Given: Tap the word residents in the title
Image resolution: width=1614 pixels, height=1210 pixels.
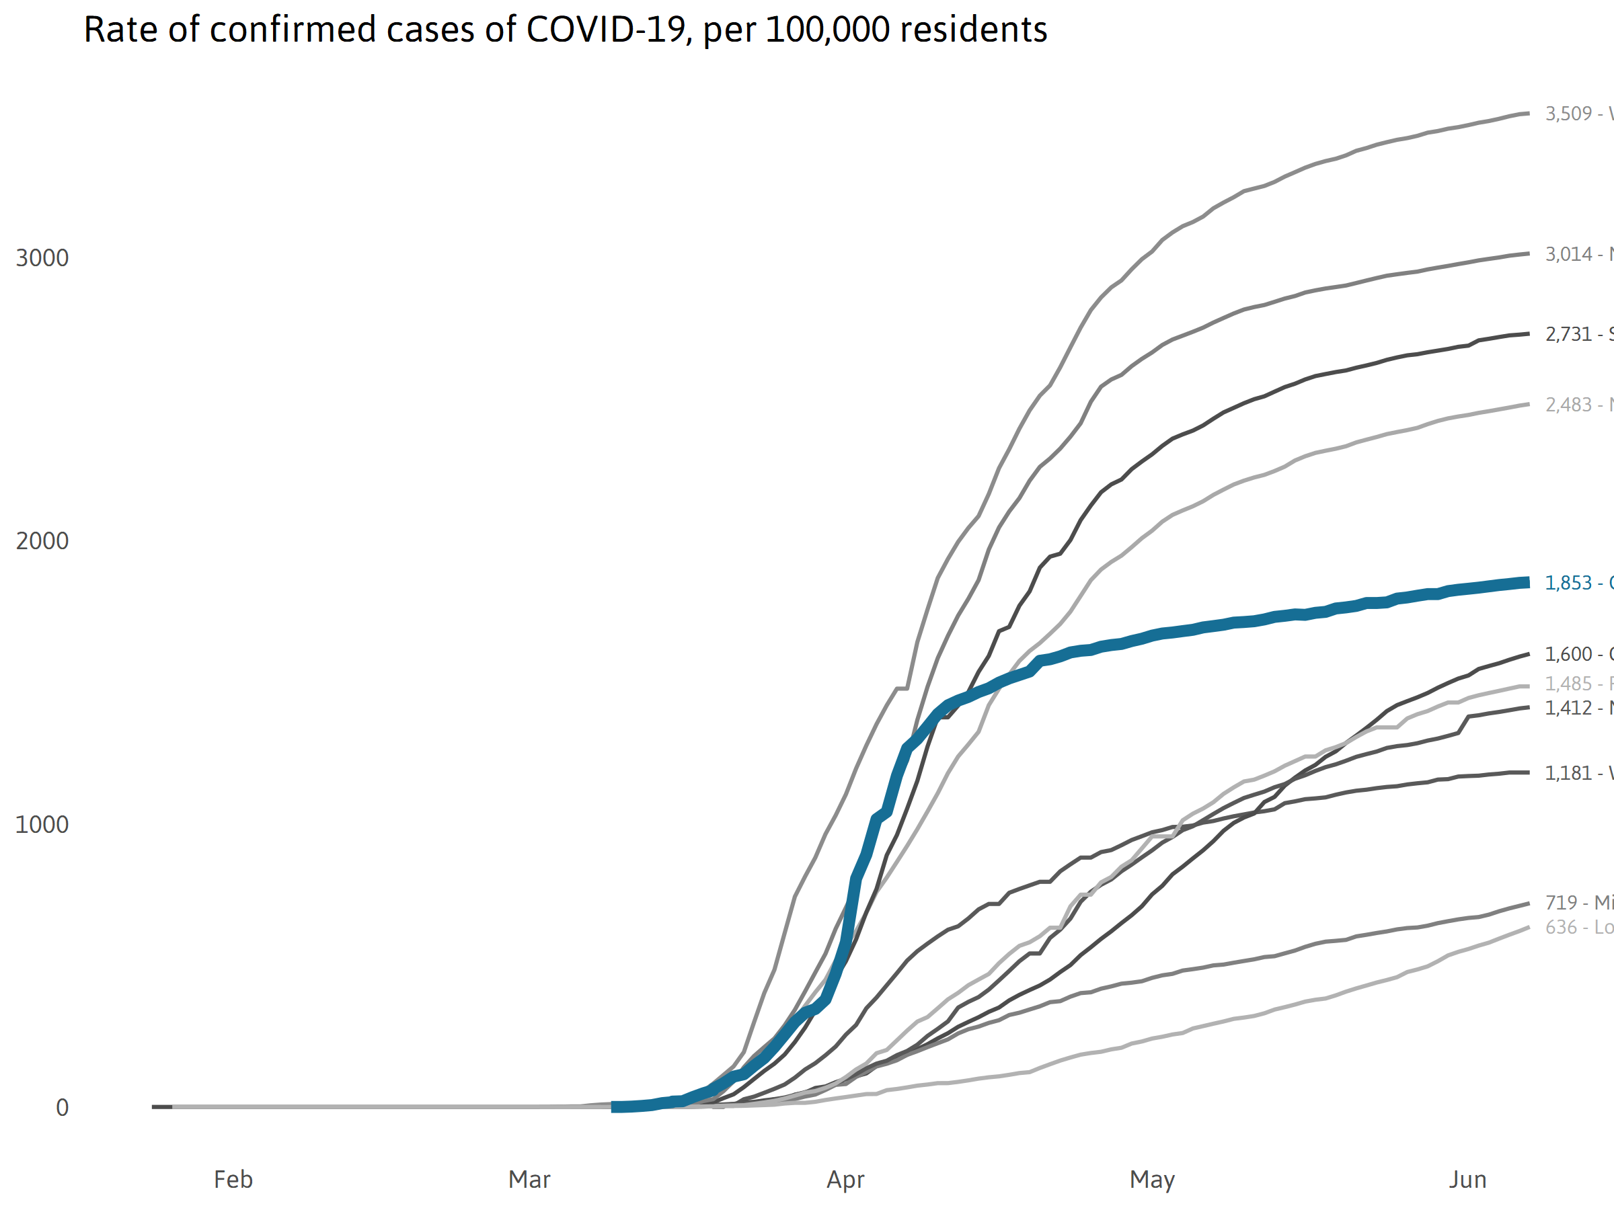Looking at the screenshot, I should click(973, 30).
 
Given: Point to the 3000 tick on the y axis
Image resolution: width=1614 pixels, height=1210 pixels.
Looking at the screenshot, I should click(42, 258).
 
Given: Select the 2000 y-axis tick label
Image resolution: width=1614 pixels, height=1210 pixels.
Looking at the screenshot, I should click(42, 541).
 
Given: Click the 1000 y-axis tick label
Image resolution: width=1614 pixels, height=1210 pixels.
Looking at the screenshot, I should click(42, 825).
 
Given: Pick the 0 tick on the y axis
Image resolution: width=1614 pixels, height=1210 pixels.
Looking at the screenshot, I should click(62, 1108).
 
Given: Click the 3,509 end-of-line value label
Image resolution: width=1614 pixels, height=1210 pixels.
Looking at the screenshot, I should click(1569, 114).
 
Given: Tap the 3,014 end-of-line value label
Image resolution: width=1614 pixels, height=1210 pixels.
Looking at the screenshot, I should click(1569, 255).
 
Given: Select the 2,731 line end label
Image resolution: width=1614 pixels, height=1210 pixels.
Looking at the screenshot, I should click(1569, 335).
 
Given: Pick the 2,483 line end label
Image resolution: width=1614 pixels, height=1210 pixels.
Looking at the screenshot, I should click(1569, 405).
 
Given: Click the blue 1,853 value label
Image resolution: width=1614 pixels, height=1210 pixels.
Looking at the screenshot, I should click(1569, 583).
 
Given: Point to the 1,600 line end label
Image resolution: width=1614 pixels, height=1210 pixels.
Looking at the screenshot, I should click(1569, 654).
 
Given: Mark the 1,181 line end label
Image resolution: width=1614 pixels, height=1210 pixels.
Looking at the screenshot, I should click(1569, 773).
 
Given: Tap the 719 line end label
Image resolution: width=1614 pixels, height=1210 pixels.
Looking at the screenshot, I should click(1562, 903).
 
